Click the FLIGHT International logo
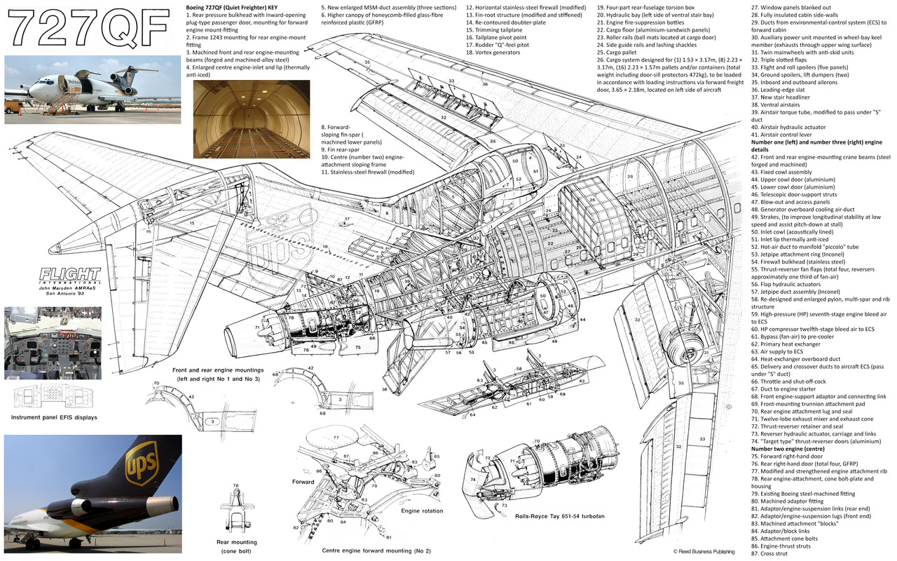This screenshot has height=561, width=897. (69, 274)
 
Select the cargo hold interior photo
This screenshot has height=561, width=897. (251, 119)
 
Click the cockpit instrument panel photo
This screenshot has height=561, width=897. (53, 343)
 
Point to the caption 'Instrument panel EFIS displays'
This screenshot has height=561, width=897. (54, 417)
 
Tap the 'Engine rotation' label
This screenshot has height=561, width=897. (421, 511)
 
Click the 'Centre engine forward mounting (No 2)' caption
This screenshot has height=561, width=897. (376, 550)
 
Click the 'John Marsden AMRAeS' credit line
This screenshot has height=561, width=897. (69, 288)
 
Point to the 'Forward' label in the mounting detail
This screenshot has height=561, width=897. (303, 482)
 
